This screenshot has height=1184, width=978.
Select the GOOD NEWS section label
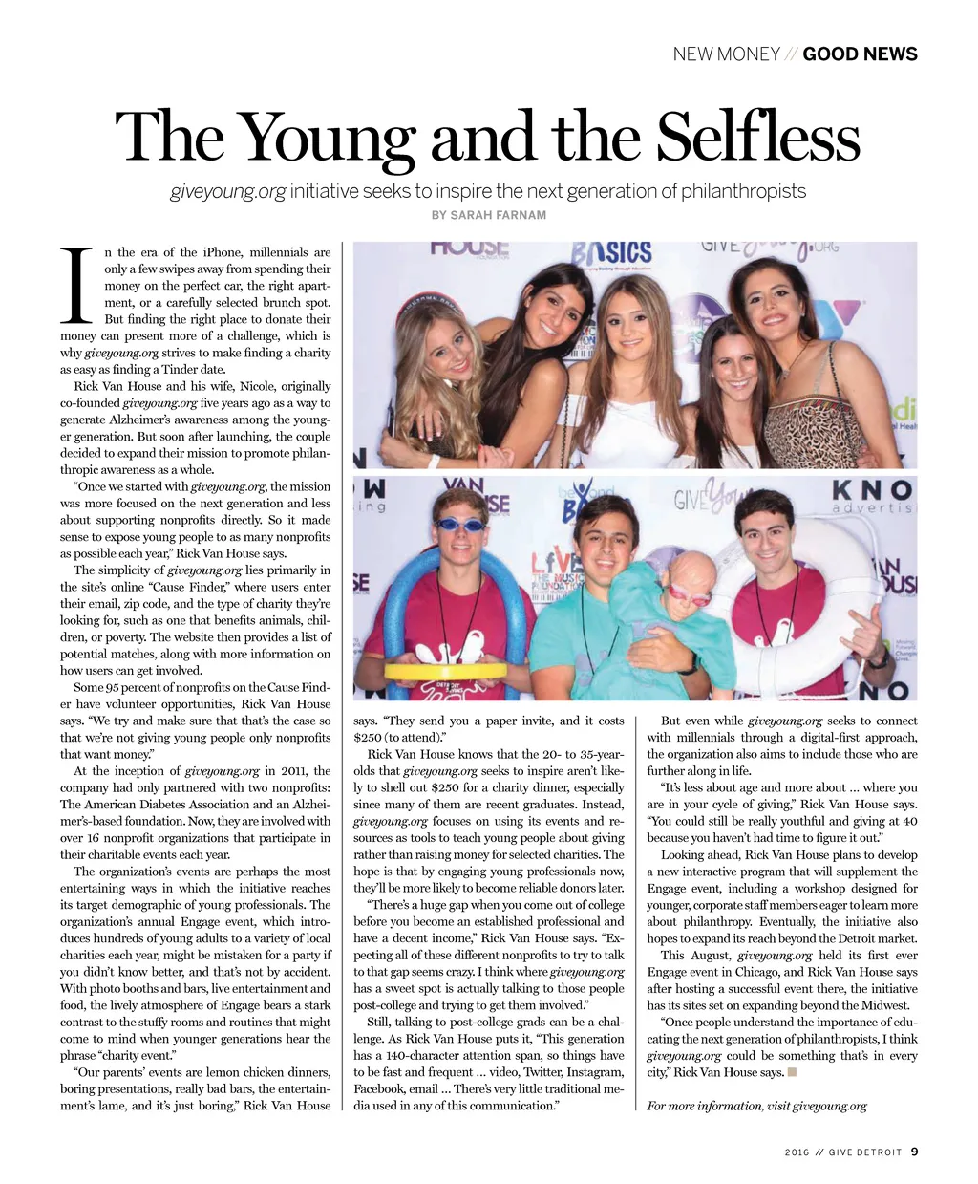860,54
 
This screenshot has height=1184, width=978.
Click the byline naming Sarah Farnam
489,215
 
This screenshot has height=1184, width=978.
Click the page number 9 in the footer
914,1152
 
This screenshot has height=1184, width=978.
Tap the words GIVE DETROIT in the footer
865,1152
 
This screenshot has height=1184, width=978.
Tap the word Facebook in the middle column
379,1088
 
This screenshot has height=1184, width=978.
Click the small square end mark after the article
792,1072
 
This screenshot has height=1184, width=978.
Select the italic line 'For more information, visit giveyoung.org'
756,1106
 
